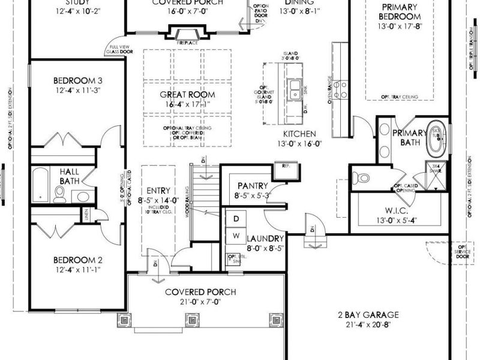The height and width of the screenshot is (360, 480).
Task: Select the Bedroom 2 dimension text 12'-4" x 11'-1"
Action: point(78,270)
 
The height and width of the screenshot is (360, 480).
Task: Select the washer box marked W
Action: point(236,235)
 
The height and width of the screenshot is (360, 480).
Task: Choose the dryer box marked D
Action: point(236,217)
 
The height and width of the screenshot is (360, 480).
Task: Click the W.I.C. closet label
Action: point(396,210)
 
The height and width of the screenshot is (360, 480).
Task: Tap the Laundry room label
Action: point(264,239)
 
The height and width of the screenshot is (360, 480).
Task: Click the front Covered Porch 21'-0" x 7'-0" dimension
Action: point(200,302)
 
